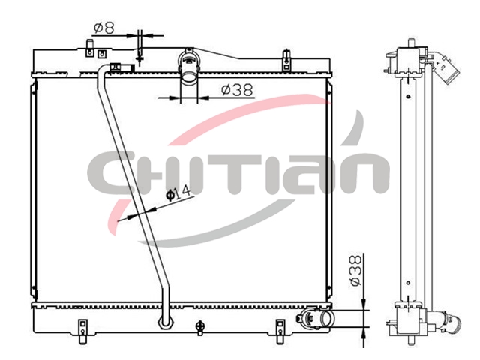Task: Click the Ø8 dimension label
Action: point(104,28)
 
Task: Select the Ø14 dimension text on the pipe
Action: point(178,193)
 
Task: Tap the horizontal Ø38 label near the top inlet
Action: point(238,90)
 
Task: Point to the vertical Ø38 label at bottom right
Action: point(355,271)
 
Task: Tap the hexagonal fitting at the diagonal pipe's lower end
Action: point(166,322)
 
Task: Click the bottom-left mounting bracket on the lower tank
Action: point(82,331)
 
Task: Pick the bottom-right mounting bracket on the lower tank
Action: point(280,331)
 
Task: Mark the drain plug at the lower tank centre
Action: point(200,327)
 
